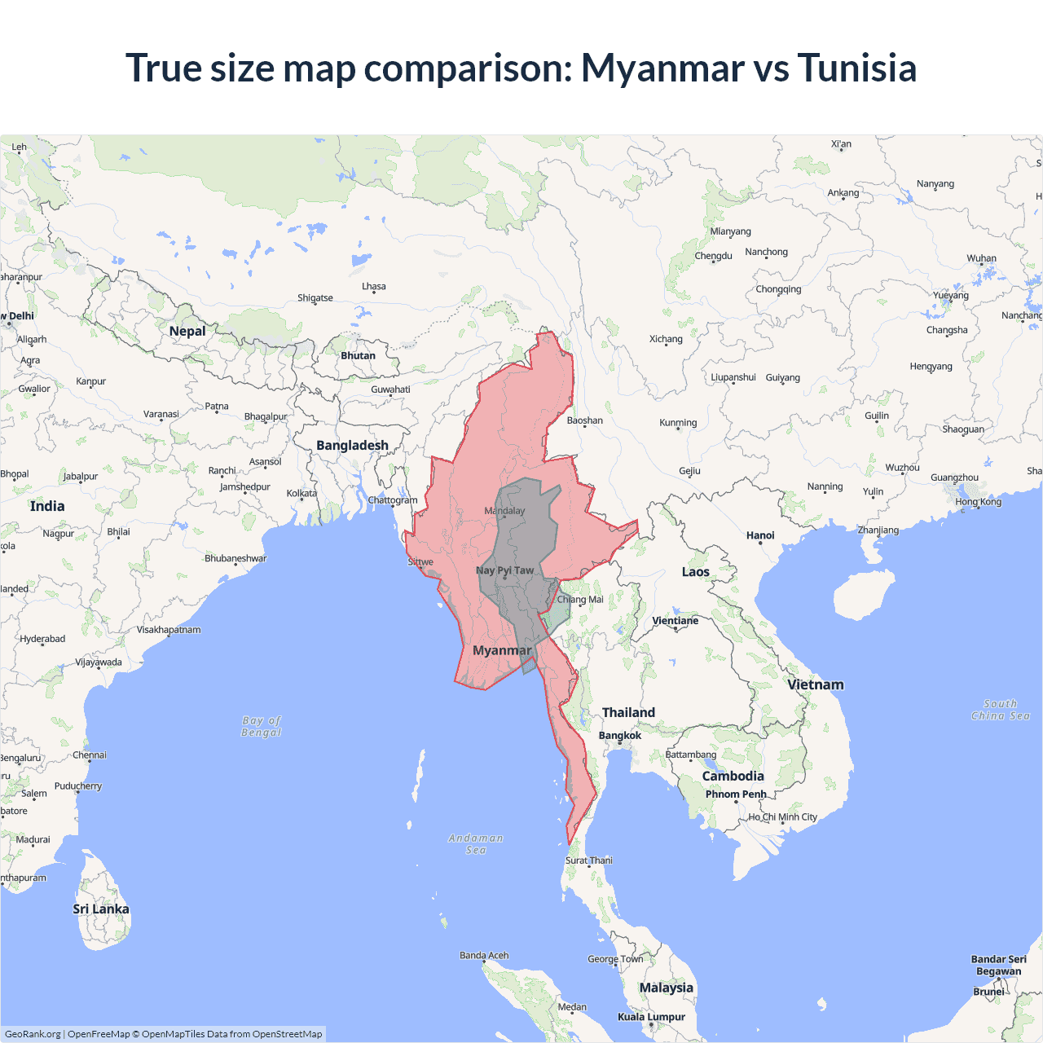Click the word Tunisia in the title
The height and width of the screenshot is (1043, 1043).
856,68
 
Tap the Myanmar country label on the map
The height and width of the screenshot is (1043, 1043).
502,650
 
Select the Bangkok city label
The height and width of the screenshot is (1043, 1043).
620,735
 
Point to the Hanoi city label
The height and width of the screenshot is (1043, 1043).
760,535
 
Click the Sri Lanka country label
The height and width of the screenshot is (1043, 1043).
101,909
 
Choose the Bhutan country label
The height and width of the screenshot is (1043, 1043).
359,355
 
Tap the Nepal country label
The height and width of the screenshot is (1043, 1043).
187,331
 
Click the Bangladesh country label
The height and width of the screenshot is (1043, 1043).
352,445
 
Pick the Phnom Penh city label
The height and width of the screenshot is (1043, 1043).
736,794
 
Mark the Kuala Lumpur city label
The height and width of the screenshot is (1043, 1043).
651,1016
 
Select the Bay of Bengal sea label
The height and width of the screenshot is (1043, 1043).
262,726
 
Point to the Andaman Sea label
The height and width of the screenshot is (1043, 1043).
476,844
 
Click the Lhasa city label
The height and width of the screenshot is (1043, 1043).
374,287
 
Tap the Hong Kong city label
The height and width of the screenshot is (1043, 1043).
979,502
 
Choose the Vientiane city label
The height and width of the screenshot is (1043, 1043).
676,621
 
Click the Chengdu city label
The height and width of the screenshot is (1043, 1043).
714,256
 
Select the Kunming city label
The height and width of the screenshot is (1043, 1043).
678,423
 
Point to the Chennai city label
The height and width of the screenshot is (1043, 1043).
90,755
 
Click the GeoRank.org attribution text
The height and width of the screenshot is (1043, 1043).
33,1034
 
